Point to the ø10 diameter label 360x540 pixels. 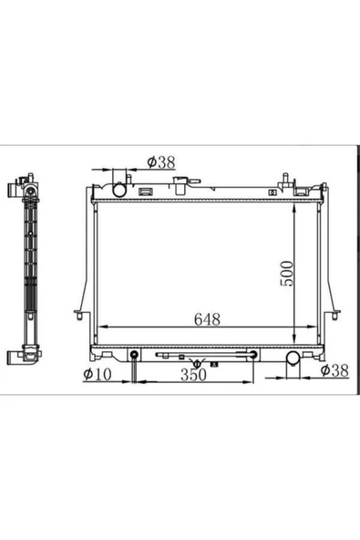tap(96, 374)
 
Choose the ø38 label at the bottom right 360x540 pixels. tap(337, 369)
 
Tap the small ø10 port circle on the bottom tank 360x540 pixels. tap(135, 356)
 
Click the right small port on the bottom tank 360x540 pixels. tap(253, 355)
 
